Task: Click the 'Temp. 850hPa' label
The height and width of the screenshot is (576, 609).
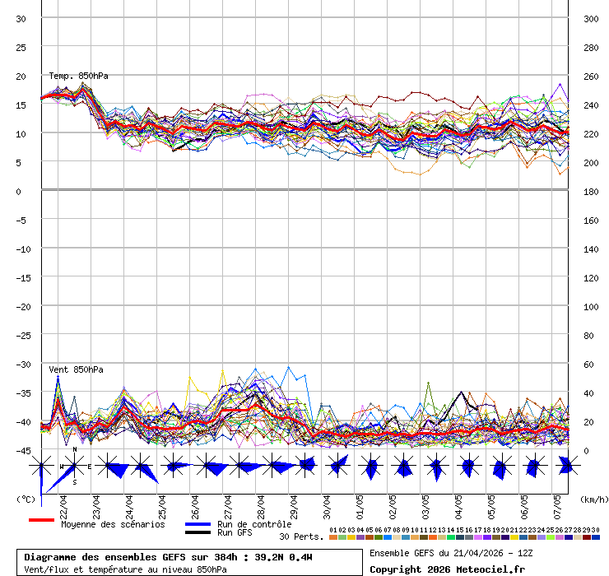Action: tap(78, 76)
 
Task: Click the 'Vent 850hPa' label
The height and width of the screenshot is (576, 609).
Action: tap(70, 369)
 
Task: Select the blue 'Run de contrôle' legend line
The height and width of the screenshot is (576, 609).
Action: tap(198, 524)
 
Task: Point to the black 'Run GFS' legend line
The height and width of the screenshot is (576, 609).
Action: tap(198, 532)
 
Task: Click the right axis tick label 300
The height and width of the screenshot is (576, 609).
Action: tap(590, 18)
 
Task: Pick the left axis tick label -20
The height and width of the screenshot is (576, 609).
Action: tap(21, 306)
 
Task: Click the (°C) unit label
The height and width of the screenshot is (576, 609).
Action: tap(26, 499)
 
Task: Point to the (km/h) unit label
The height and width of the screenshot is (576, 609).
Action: tap(593, 499)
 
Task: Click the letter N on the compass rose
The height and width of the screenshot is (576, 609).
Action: tap(75, 449)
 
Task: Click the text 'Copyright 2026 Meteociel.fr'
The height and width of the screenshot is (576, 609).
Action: tap(446, 569)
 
